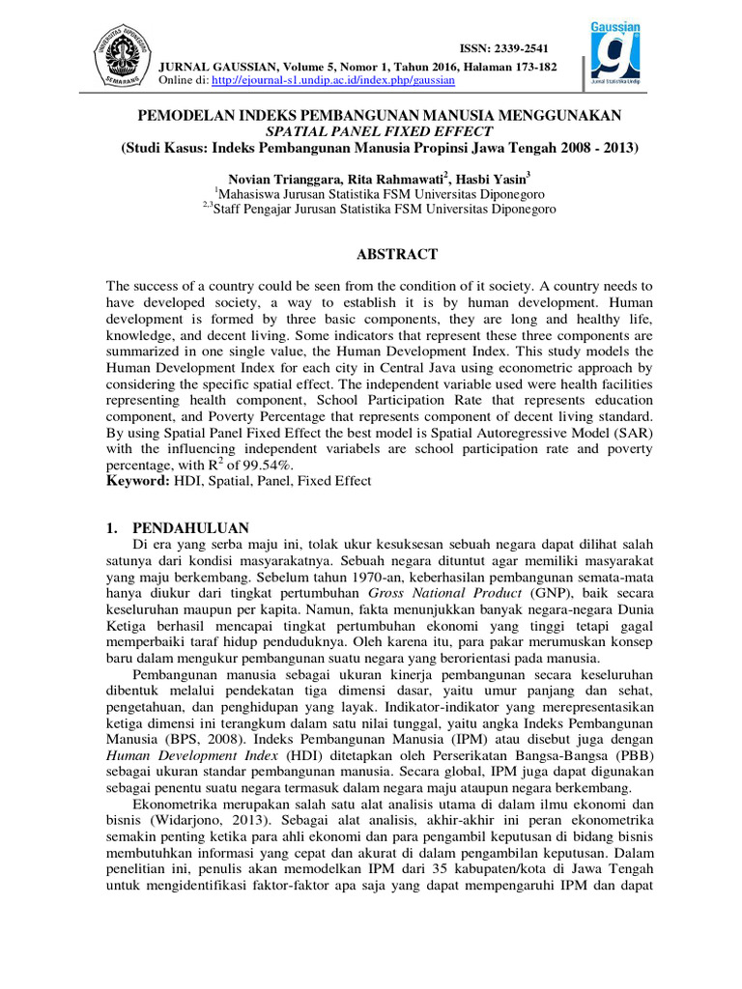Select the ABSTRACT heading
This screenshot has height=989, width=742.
[398, 254]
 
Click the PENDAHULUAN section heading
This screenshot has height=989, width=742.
[191, 527]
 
